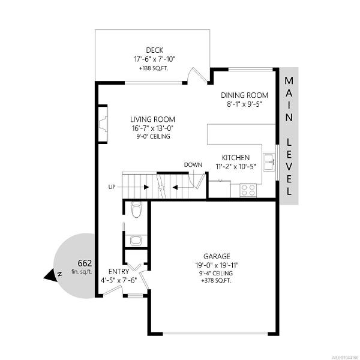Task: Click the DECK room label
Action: pyautogui.click(x=155, y=50)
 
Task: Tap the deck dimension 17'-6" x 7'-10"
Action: pyautogui.click(x=155, y=59)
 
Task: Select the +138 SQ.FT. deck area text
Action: pyautogui.click(x=154, y=68)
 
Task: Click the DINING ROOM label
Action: pyautogui.click(x=244, y=95)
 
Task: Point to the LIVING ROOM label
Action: pyautogui.click(x=152, y=119)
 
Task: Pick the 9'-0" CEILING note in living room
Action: pyautogui.click(x=153, y=136)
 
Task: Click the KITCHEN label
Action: pyautogui.click(x=236, y=157)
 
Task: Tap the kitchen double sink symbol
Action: pyautogui.click(x=269, y=162)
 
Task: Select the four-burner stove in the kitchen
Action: pyautogui.click(x=248, y=190)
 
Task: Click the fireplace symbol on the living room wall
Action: pyautogui.click(x=103, y=124)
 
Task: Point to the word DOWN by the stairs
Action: pyautogui.click(x=193, y=164)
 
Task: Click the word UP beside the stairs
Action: pyautogui.click(x=112, y=187)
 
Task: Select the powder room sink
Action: pyautogui.click(x=136, y=241)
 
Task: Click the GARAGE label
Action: pyautogui.click(x=217, y=256)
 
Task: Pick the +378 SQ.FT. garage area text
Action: pyautogui.click(x=216, y=281)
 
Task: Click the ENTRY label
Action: pyautogui.click(x=119, y=272)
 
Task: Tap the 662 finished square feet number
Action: pyautogui.click(x=85, y=263)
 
